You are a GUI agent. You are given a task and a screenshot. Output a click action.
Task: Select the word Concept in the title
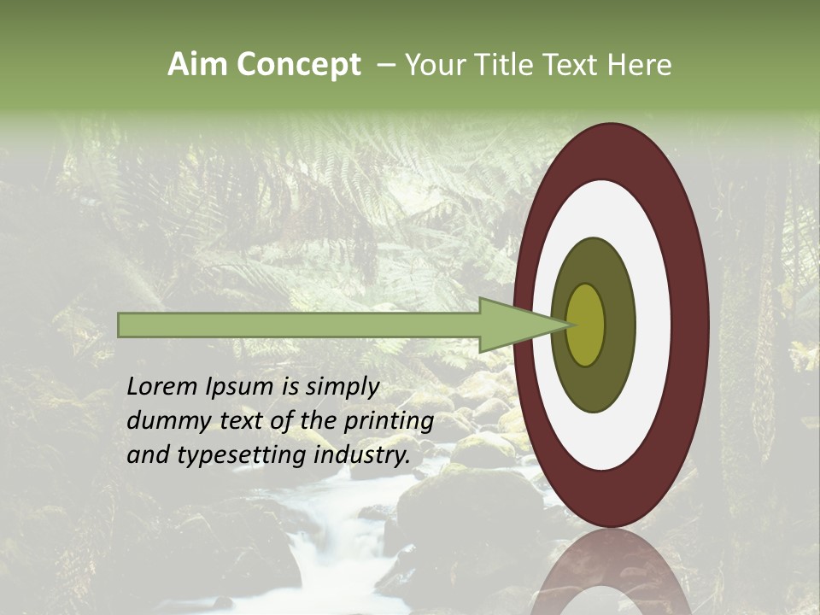[x=298, y=65]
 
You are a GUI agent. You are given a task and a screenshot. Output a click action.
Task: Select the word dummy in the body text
[x=163, y=421]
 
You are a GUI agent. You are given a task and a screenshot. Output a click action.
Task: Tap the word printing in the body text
[x=388, y=421]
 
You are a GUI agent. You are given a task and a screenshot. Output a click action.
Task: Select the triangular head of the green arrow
[x=512, y=325]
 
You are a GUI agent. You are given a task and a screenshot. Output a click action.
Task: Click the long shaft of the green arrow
[x=299, y=325]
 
